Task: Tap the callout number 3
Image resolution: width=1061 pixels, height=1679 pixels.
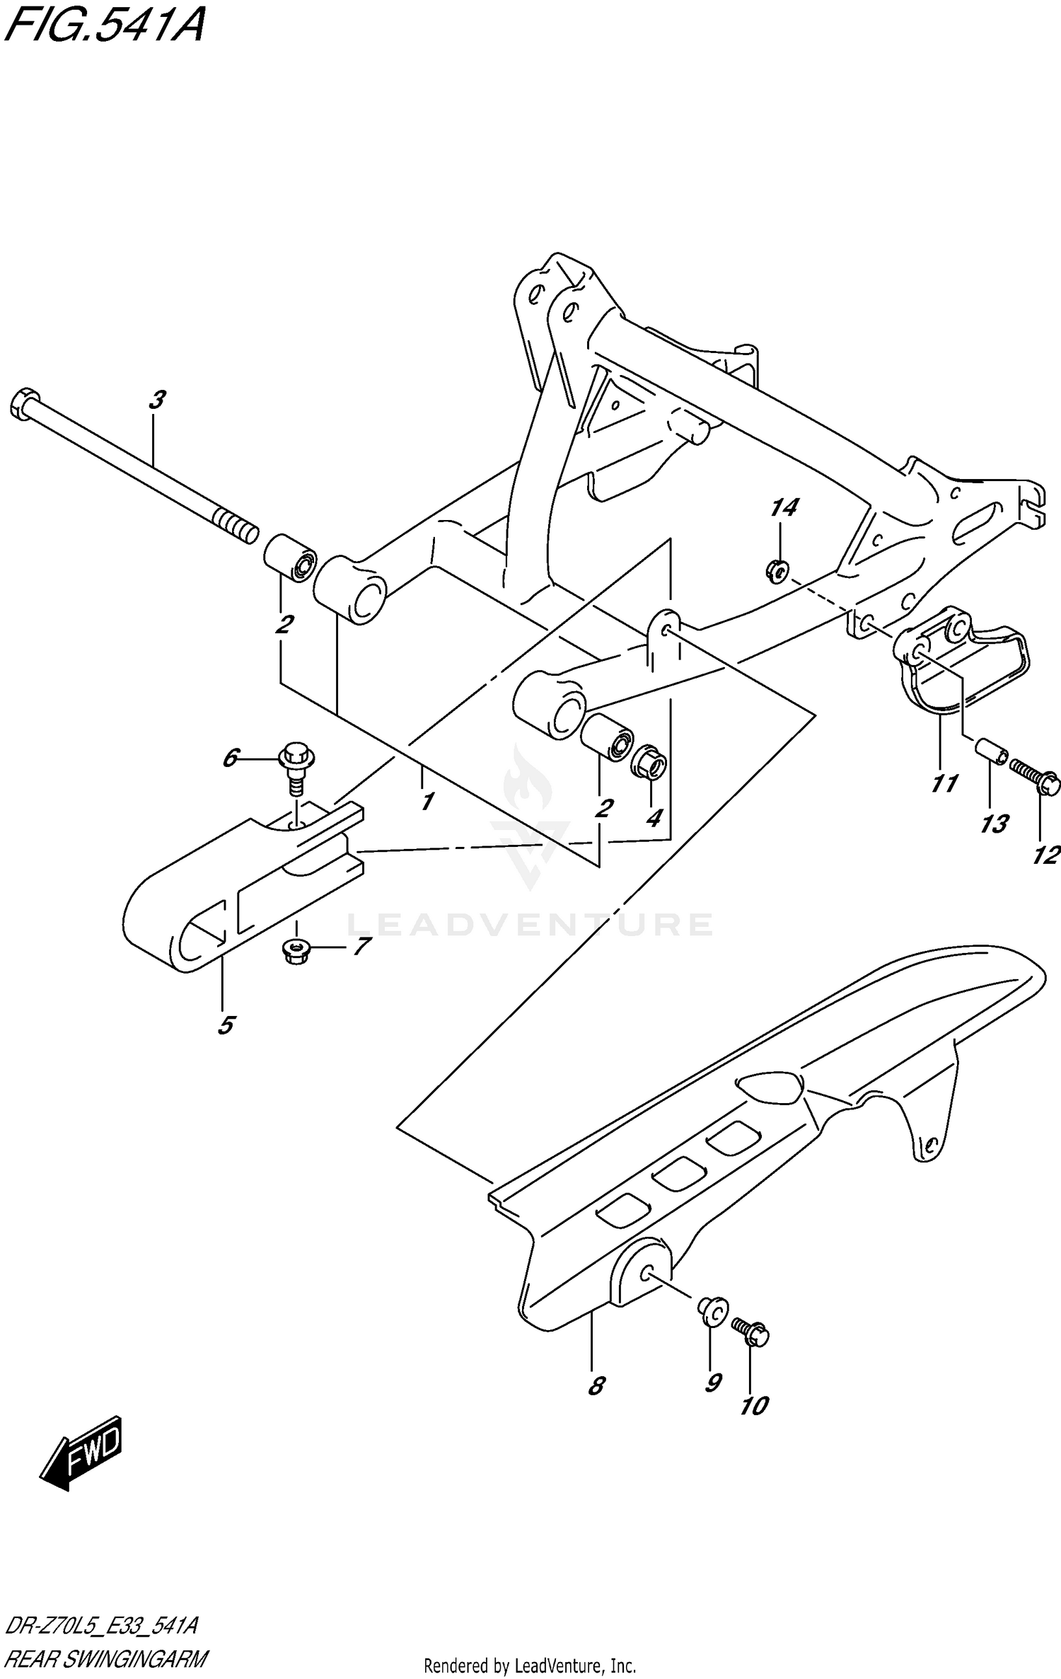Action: (x=157, y=400)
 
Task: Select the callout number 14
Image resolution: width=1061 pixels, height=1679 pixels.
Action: (x=784, y=507)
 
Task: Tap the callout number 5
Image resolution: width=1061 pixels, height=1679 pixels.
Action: (x=226, y=1025)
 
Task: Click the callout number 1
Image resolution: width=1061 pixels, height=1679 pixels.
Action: (x=427, y=802)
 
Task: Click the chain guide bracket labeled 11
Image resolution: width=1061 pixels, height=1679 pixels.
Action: (x=962, y=665)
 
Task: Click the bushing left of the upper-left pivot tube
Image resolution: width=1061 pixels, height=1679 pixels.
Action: (x=290, y=559)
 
